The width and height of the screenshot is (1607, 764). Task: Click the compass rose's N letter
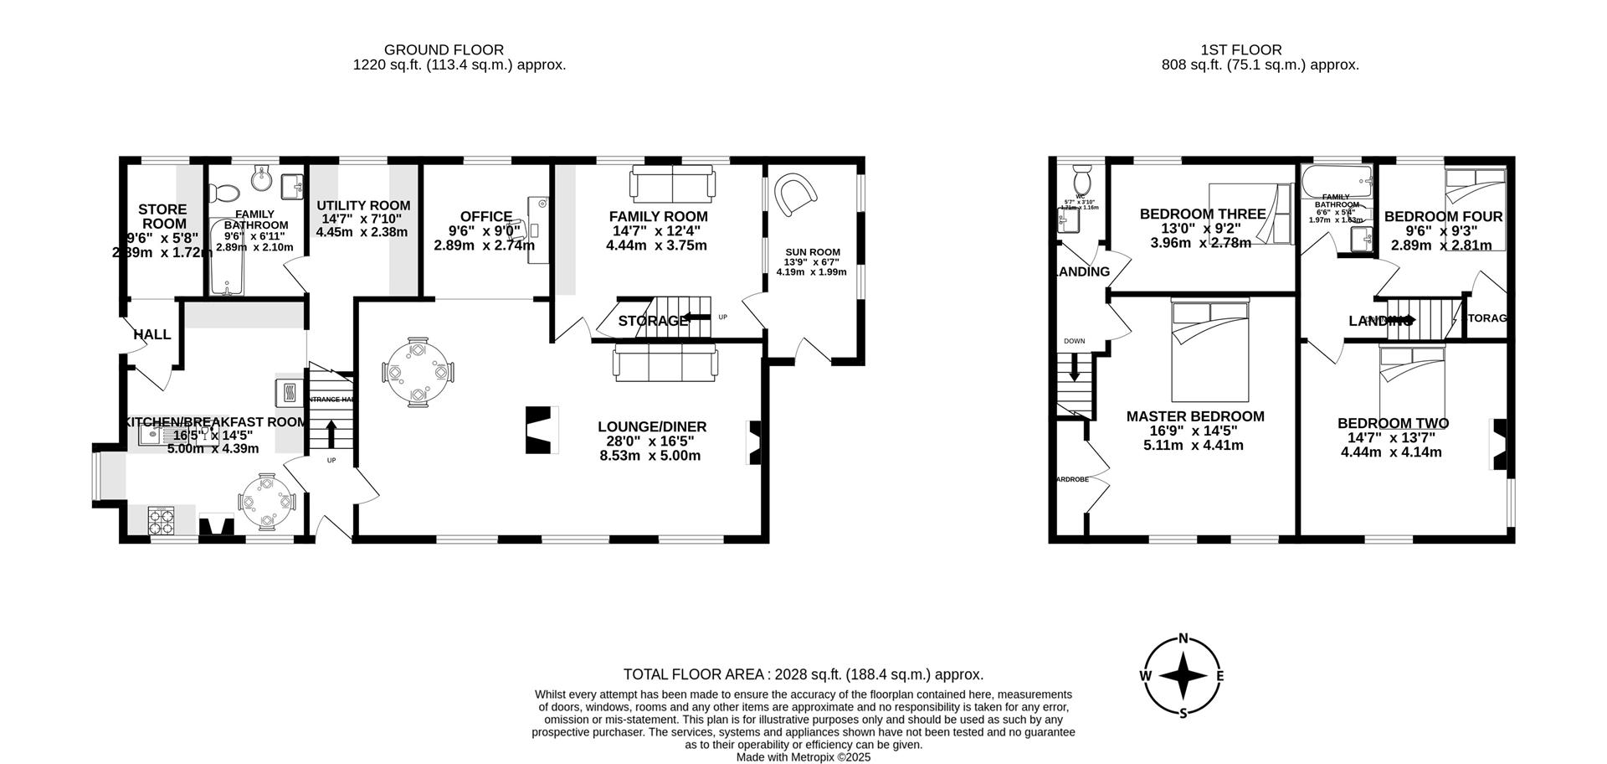(x=1183, y=638)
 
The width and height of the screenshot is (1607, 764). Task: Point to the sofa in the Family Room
(x=672, y=183)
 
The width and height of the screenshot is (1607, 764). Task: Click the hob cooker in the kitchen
(x=161, y=521)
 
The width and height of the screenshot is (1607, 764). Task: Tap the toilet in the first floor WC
(x=1082, y=180)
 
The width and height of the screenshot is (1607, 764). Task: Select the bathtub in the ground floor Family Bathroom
(x=227, y=256)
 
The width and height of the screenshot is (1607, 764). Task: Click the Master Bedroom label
(x=1194, y=416)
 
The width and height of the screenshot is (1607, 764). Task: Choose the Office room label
(x=485, y=217)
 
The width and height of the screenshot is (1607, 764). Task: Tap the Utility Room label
(x=363, y=205)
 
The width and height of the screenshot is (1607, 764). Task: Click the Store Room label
(x=163, y=216)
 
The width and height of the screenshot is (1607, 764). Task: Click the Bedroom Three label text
(x=1202, y=214)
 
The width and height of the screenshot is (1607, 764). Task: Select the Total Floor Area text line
(x=803, y=674)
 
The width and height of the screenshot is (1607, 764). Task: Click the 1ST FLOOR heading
(x=1260, y=50)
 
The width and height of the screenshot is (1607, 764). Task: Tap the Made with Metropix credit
(x=803, y=756)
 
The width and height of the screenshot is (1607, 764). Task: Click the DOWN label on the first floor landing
(x=1074, y=342)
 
